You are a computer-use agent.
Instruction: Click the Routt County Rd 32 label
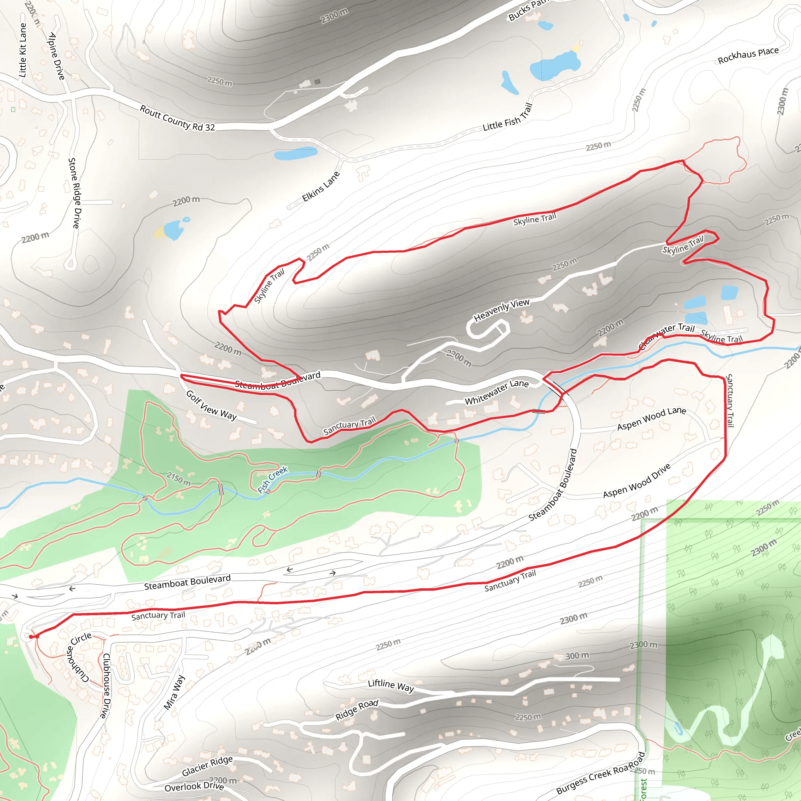point(178,119)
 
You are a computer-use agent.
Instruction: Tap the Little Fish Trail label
point(507,117)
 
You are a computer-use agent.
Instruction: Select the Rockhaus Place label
point(748,56)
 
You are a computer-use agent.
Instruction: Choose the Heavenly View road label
point(502,310)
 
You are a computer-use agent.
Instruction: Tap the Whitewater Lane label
point(496,392)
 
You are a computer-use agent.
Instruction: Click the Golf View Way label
point(211,405)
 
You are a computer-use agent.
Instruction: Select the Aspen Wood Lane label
point(651,418)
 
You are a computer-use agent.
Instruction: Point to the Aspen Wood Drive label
point(636,481)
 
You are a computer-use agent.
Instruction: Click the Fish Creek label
point(272,479)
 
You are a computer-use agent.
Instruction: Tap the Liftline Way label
point(391,685)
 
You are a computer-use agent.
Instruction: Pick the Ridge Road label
point(357,710)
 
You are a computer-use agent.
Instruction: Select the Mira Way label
point(174,692)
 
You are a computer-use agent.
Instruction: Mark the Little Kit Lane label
point(23,50)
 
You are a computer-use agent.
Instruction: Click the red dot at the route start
point(31,636)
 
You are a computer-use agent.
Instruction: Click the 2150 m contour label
point(179,478)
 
